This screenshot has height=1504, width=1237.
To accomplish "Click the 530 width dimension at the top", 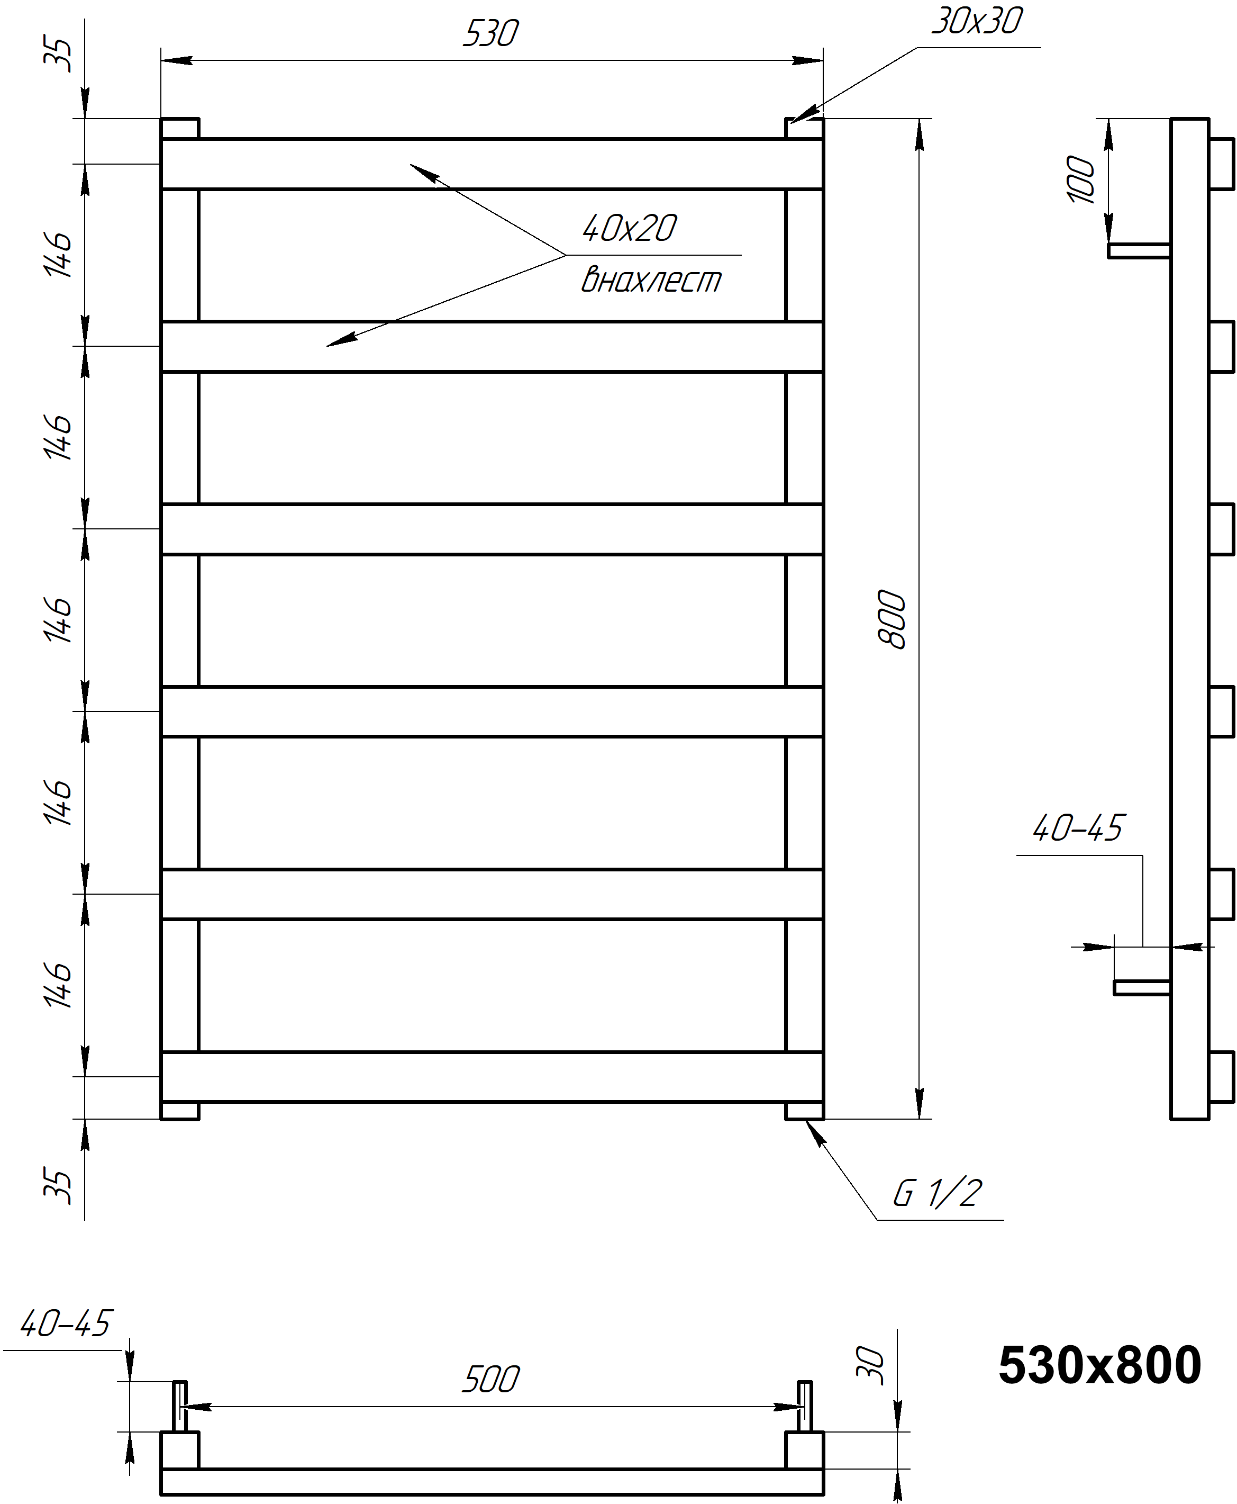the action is (491, 33).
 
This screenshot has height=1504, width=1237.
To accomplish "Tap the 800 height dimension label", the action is (892, 619).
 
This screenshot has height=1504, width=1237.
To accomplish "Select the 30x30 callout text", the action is (977, 21).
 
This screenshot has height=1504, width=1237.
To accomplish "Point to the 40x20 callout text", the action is (629, 228).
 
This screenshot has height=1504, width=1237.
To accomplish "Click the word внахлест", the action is (651, 280).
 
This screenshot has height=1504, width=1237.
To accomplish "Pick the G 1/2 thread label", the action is (938, 1193).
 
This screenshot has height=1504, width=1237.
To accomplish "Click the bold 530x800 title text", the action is (1099, 1366).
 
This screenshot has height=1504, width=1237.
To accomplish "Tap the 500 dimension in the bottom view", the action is (491, 1379).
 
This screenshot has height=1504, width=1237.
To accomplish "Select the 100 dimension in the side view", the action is (1080, 179).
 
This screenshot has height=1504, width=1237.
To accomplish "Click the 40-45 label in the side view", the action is (1077, 828).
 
